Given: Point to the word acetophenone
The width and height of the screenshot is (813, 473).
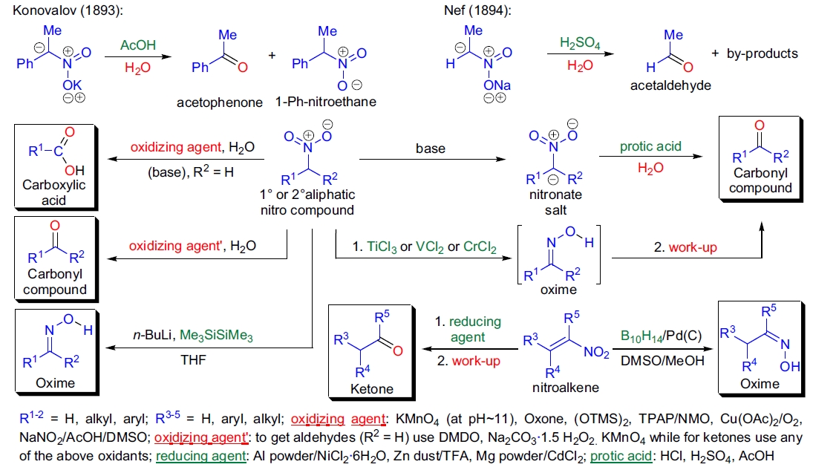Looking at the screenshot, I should (220, 102).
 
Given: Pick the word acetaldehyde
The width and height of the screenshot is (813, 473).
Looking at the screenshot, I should (670, 85).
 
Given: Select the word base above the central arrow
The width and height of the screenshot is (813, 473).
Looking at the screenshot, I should (431, 149).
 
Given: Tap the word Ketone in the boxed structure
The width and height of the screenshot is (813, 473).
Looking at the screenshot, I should (374, 388).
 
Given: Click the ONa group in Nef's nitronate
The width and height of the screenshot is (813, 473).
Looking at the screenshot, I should (495, 85).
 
